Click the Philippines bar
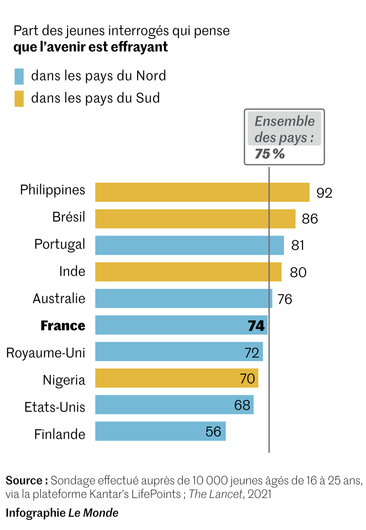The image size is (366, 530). [x=202, y=192]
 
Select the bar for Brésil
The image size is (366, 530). [x=195, y=219]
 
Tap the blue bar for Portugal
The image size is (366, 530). [x=189, y=245]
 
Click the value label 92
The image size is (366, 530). [x=324, y=193]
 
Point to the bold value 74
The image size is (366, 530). [x=256, y=326]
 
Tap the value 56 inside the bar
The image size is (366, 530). [x=213, y=432]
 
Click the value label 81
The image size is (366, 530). [x=298, y=245]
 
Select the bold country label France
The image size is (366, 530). [x=63, y=326]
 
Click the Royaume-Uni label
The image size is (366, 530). [x=46, y=353]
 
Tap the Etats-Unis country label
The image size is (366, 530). [x=55, y=407]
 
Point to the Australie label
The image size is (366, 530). [x=59, y=298]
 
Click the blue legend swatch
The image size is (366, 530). [x=19, y=76]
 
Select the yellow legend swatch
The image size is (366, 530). [x=19, y=98]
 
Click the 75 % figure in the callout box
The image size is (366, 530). [x=270, y=154]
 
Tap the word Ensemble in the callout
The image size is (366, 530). [x=284, y=121]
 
